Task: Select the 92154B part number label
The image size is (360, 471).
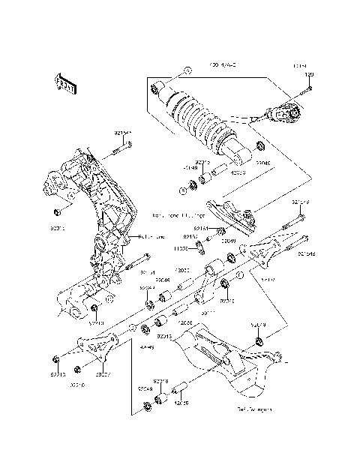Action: point(305,253)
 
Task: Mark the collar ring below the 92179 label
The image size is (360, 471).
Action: point(259,342)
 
